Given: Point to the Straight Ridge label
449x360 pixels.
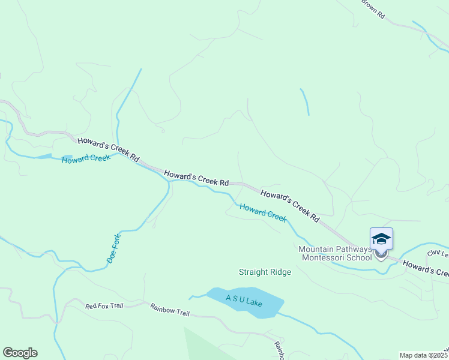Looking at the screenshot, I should click(265, 272).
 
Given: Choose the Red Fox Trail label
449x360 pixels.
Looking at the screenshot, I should click(104, 306).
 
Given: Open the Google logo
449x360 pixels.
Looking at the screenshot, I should click(20, 353).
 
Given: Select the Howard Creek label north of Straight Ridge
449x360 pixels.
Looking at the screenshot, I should click(263, 212).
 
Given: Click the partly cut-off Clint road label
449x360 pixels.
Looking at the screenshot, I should click(438, 253).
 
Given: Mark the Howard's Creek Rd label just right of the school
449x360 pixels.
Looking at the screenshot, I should click(425, 268).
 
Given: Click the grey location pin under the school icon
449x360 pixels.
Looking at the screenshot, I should click(381, 254).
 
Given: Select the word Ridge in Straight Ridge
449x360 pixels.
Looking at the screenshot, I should click(280, 272).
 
